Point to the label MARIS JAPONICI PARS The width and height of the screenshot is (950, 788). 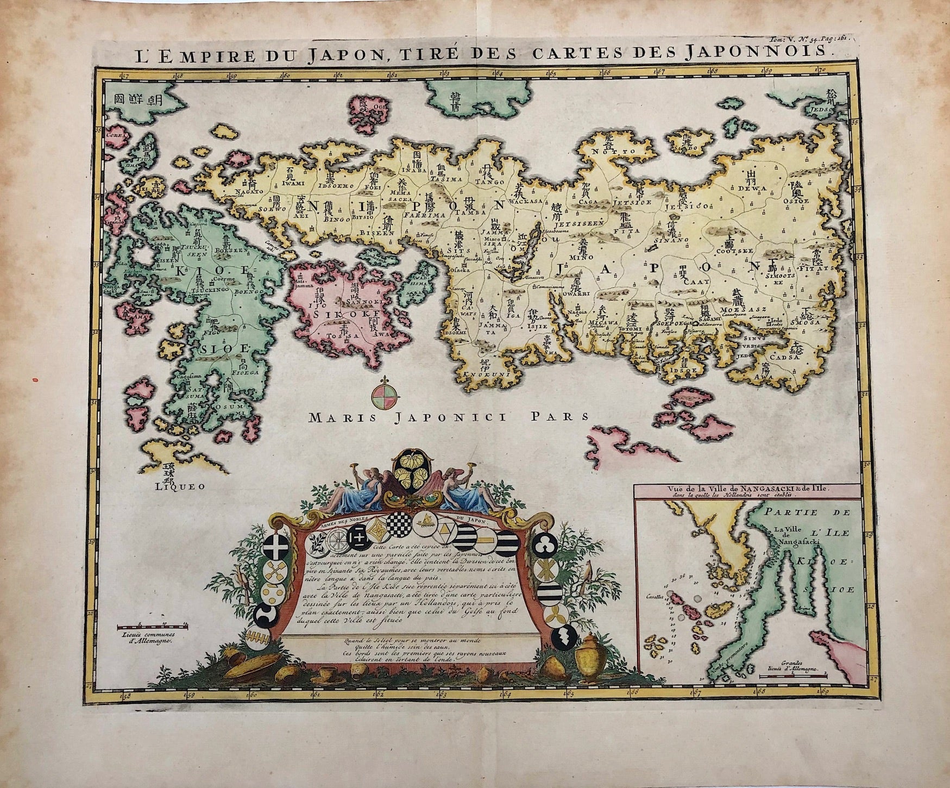pyautogui.click(x=448, y=417)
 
